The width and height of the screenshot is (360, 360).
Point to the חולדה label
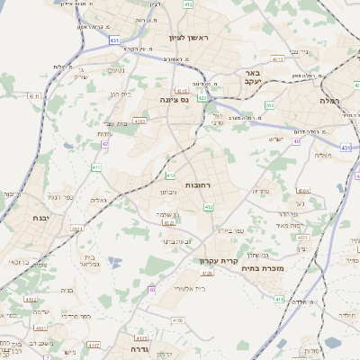[x=347, y=314]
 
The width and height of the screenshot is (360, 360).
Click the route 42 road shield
[x=105, y=144]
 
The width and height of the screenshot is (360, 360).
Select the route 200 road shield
[x=270, y=105]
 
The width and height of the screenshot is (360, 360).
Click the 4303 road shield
[x=139, y=120]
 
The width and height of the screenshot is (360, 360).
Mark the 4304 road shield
[x=303, y=191]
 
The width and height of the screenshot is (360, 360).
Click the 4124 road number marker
[x=208, y=273]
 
